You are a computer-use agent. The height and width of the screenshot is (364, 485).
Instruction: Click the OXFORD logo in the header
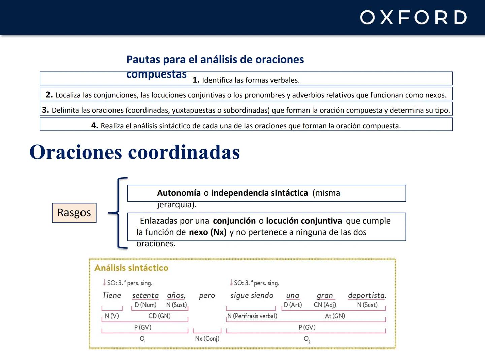(x=413, y=18)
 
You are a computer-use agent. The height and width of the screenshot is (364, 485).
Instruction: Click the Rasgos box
(x=74, y=213)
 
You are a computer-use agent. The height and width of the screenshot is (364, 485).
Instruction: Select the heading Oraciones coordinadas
(x=135, y=152)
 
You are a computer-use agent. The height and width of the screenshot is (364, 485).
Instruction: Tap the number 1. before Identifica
(x=196, y=80)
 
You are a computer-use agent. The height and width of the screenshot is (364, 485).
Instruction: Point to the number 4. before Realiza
(x=95, y=126)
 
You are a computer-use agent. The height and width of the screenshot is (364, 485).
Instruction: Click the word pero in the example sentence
(x=207, y=296)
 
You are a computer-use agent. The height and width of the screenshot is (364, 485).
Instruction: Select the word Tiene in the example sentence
(x=111, y=295)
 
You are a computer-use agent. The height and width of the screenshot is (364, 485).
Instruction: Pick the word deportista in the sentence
(x=366, y=295)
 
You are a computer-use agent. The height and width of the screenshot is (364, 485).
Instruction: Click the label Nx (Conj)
(x=207, y=338)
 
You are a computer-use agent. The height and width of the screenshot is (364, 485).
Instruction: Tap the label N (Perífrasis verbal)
(x=252, y=316)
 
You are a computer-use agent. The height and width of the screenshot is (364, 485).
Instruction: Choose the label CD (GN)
(x=159, y=316)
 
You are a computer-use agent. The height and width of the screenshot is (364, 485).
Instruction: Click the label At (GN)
(x=335, y=316)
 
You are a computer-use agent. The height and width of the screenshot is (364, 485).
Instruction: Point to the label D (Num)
(x=145, y=305)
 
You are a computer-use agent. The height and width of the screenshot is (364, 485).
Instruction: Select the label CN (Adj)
(x=325, y=305)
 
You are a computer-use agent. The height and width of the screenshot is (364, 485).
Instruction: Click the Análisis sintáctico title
(x=131, y=268)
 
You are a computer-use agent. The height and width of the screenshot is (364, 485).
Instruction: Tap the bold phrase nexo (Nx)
(x=207, y=232)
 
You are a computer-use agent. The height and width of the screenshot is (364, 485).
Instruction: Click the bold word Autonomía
(x=179, y=193)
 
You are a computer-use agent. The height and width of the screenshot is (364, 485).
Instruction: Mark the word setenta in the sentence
(x=145, y=295)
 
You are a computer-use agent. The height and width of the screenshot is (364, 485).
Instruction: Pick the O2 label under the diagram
(x=307, y=339)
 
